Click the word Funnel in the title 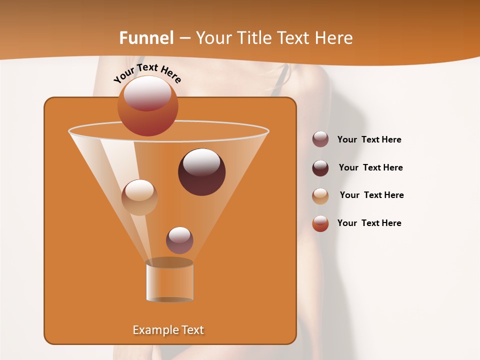click(146, 38)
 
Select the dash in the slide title click(184, 38)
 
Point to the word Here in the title click(332, 38)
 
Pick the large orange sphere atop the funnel click(148, 105)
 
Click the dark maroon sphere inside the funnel click(202, 172)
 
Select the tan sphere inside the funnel click(139, 197)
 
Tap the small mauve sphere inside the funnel click(179, 240)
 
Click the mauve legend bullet click(320, 139)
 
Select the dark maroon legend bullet click(320, 168)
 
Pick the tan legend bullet click(320, 196)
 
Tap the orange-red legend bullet click(320, 223)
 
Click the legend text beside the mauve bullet click(369, 139)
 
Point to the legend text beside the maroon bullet click(370, 167)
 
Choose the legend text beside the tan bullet click(371, 195)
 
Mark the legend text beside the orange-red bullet click(369, 223)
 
